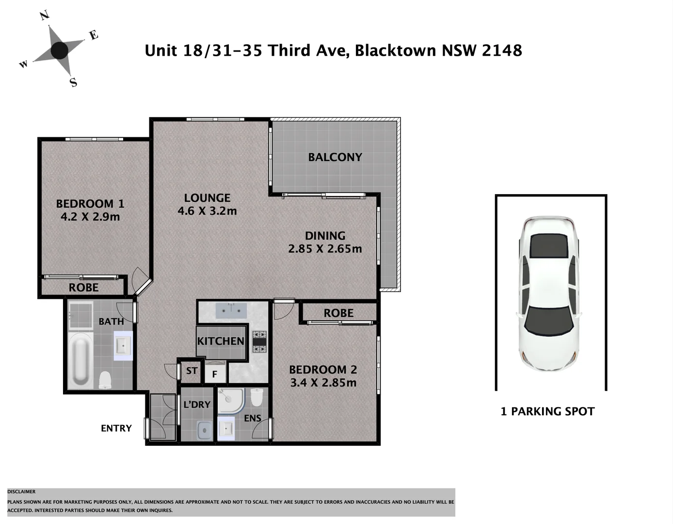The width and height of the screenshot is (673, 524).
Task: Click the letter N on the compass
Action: (45, 16)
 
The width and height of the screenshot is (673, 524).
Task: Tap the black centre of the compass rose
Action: (60, 50)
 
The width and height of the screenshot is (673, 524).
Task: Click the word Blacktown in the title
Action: (395, 50)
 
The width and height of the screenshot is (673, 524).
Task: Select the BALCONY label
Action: (335, 157)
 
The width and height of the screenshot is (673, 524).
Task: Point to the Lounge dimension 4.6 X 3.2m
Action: (207, 211)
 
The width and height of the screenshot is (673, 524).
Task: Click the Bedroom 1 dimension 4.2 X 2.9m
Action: (90, 217)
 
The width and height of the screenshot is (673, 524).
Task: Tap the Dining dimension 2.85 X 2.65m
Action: (325, 249)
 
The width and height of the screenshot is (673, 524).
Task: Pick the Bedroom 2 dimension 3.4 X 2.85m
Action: (323, 383)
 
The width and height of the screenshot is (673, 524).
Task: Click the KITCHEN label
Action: (221, 341)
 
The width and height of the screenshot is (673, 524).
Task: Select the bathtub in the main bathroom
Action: (80, 360)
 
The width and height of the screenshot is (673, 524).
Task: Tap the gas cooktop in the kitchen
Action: (259, 342)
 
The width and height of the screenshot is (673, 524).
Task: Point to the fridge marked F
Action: (214, 374)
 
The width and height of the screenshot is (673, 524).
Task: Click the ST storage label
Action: (192, 371)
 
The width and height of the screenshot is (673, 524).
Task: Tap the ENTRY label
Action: (116, 428)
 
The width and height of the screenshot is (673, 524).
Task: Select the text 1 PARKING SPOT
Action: (547, 411)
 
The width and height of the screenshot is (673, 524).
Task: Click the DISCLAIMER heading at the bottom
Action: (21, 491)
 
